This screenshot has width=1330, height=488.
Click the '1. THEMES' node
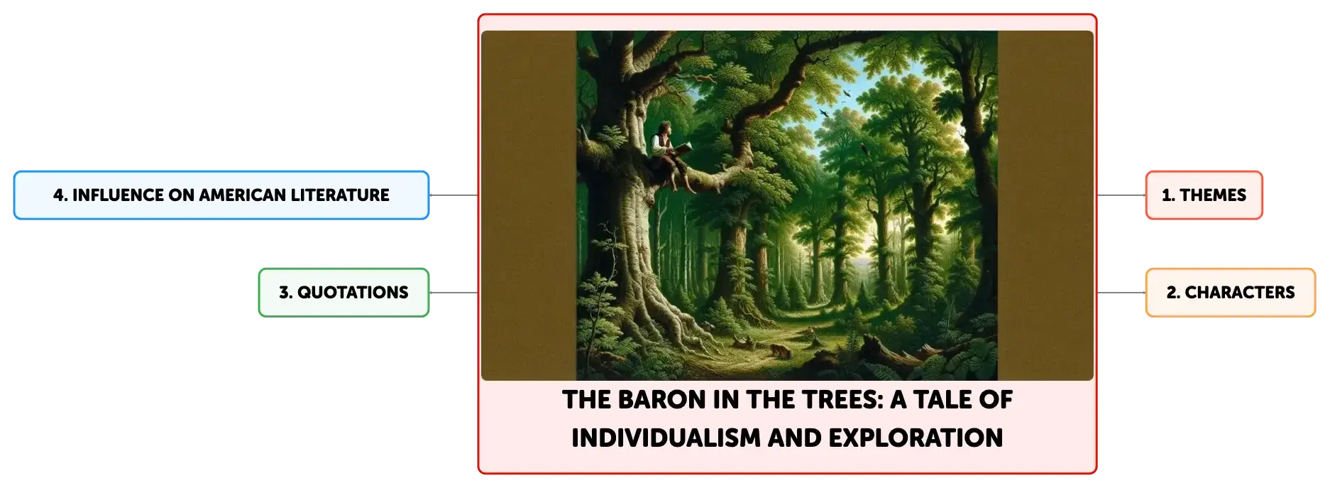tap(1204, 195)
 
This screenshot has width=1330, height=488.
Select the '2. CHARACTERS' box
tap(1230, 293)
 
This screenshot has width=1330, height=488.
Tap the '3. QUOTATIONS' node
tap(344, 293)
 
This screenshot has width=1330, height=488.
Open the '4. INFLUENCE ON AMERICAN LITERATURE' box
tap(221, 195)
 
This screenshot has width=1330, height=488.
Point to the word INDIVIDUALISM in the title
tap(666, 438)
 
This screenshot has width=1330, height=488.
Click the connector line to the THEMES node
tap(1121, 195)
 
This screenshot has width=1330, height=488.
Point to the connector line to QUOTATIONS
tap(454, 293)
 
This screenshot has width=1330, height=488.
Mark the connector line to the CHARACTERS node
tap(1121, 293)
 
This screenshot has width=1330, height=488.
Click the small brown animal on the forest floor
tap(779, 350)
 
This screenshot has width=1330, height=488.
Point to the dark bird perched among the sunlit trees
tap(863, 150)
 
